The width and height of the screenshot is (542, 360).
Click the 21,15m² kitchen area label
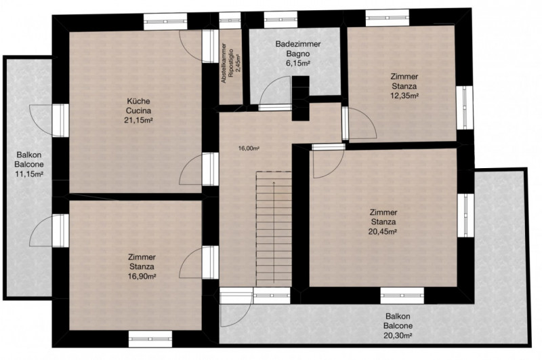pos(138,121)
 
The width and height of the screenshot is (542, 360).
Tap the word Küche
pos(138,101)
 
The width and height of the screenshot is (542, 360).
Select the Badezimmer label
pos(297,44)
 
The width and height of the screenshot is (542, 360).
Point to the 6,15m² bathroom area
pos(297,63)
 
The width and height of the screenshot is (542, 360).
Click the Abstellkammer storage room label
pos(224,63)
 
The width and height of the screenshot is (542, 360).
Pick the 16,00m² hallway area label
pos(249,148)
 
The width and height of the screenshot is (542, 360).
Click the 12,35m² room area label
pos(404,96)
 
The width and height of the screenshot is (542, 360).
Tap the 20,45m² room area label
pos(382,231)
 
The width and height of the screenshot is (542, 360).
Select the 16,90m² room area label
pos(142,277)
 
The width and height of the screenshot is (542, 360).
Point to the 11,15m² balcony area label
pos(29,174)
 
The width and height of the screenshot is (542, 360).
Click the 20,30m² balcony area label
pos(398,335)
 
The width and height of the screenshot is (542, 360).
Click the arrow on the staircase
pos(274,232)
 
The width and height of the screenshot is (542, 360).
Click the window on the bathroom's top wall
pos(280,20)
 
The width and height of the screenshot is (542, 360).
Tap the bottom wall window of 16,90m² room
pos(150,339)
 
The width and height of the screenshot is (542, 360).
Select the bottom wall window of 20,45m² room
pos(402,296)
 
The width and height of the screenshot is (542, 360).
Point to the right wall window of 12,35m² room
pos(465,108)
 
